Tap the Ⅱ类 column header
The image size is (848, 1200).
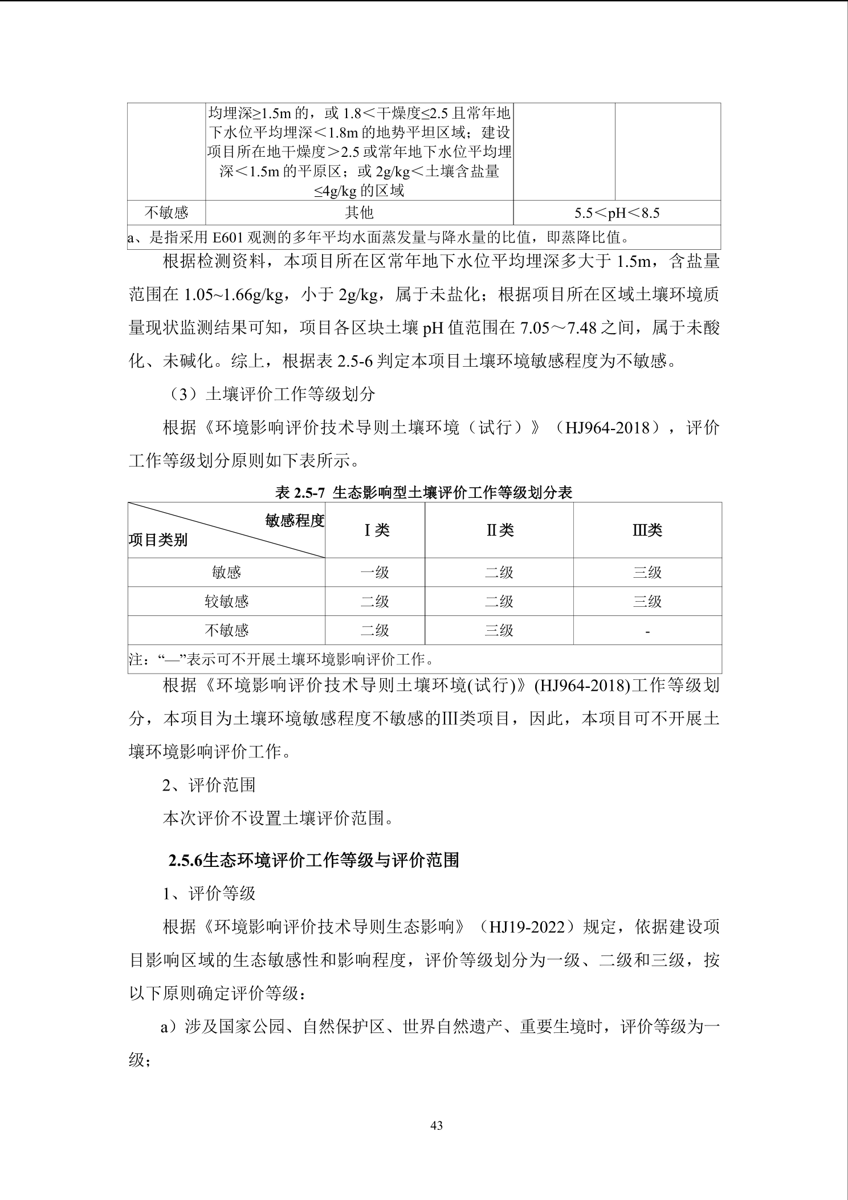click(499, 530)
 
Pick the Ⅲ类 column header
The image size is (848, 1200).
click(647, 530)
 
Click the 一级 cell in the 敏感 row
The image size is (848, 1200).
click(375, 572)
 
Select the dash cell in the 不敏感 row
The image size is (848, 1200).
click(647, 631)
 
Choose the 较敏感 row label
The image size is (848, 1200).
click(226, 601)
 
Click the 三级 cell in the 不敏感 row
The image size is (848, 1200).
click(499, 630)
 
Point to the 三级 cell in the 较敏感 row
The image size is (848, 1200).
click(647, 601)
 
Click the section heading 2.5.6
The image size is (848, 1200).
click(314, 861)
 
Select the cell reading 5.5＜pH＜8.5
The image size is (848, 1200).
click(617, 213)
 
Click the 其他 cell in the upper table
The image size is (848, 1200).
click(359, 213)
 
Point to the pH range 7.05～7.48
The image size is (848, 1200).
click(559, 328)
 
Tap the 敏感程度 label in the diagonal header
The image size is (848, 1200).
click(294, 520)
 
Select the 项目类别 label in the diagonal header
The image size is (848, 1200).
click(158, 540)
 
